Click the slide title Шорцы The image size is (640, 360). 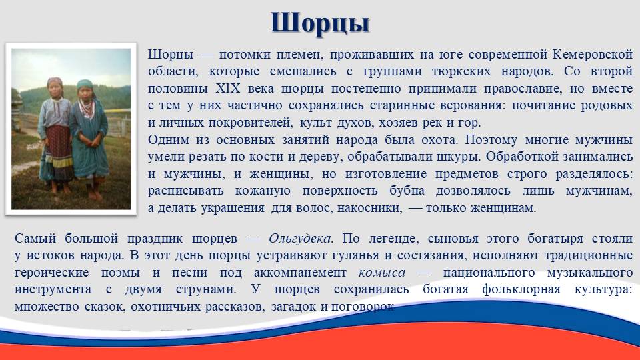tap(320, 23)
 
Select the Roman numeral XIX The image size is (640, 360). tap(228, 89)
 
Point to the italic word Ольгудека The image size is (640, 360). tap(300, 238)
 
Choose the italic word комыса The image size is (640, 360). tap(382, 272)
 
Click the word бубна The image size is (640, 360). tap(407, 191)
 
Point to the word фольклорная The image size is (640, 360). tap(521, 289)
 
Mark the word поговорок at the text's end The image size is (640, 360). tap(363, 307)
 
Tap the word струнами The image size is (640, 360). tap(206, 289)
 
